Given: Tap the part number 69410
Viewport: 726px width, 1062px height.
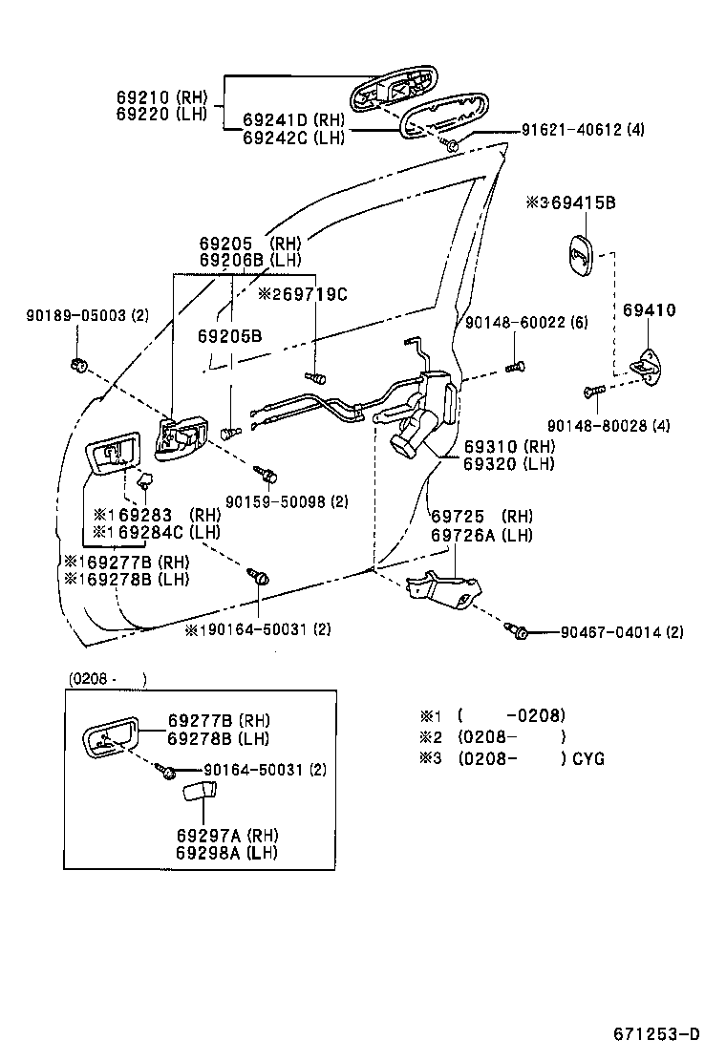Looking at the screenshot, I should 650,310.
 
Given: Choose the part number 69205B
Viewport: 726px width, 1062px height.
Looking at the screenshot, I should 229,335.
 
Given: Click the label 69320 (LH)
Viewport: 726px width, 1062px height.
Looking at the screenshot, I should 509,464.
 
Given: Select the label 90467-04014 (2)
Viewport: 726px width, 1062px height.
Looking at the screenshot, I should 622,632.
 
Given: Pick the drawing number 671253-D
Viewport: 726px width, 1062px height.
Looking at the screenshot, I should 657,1034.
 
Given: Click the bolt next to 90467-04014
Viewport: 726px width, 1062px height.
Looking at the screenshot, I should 521,630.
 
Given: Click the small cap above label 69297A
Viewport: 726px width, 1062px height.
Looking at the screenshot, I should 198,792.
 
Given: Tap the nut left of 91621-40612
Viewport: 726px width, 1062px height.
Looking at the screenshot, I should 452,144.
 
